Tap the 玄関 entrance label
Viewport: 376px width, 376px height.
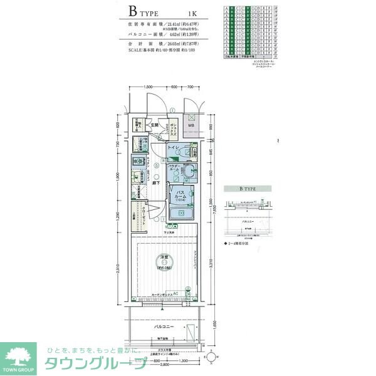(154, 125)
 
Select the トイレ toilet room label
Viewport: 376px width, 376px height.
(174, 147)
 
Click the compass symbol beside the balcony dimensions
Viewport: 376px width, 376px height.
(210, 357)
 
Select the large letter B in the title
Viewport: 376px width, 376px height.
(133, 11)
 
